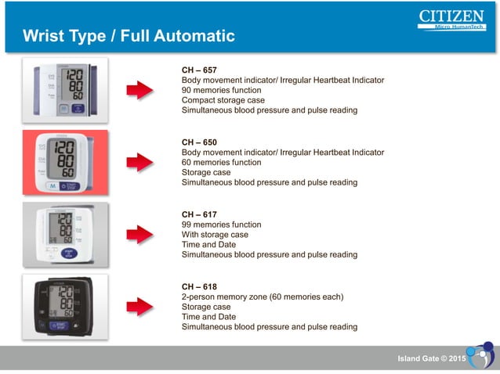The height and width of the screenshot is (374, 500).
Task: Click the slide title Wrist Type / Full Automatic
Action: click(x=129, y=36)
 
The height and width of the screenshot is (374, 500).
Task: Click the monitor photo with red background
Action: click(x=65, y=162)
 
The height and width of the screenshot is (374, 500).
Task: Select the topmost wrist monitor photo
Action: click(x=65, y=90)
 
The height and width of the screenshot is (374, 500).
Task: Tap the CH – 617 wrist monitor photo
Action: click(x=65, y=234)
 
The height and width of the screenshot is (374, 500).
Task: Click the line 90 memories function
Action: click(x=221, y=90)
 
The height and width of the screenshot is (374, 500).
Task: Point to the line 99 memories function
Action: click(x=221, y=225)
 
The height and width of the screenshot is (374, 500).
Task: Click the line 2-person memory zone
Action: click(x=263, y=297)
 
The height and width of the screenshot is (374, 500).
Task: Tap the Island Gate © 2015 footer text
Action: click(x=432, y=358)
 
